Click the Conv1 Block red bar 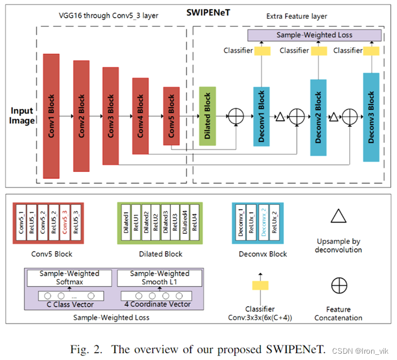tap(52, 116)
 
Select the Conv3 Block tap(111, 116)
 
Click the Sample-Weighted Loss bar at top tap(314, 35)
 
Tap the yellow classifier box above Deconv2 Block tap(318, 51)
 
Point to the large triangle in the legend tap(338, 217)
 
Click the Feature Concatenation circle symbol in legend tap(338, 285)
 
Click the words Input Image tap(21, 115)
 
